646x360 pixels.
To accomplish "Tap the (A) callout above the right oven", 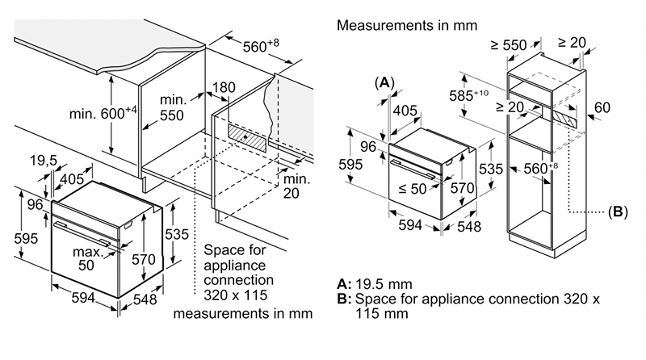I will pos(384,82).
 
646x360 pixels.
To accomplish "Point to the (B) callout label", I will pos(616,213).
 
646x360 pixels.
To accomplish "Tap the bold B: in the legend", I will pos(343,299).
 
